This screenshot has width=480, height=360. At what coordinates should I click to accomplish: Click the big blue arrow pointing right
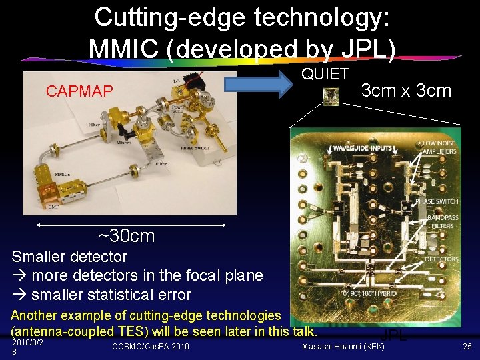coord(261,84)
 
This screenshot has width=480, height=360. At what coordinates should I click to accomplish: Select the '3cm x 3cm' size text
coord(406,91)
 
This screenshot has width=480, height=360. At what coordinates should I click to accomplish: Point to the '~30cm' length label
coord(126,235)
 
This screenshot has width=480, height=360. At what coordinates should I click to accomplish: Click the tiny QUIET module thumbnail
coord(331,97)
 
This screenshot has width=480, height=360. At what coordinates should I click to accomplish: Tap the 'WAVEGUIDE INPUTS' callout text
coord(363,147)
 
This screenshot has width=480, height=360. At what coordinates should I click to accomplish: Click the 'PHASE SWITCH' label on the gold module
coord(437,201)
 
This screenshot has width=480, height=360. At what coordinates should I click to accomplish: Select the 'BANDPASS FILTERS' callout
coord(441,222)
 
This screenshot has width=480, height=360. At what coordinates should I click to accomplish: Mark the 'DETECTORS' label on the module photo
coord(441,259)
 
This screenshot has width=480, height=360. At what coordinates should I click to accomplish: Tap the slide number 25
coord(466,346)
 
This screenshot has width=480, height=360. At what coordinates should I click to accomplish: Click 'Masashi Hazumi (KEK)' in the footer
coord(343,346)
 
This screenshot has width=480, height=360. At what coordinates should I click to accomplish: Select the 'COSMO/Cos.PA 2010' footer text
coord(150,346)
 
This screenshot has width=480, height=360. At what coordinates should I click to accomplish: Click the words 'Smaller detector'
coord(69,256)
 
